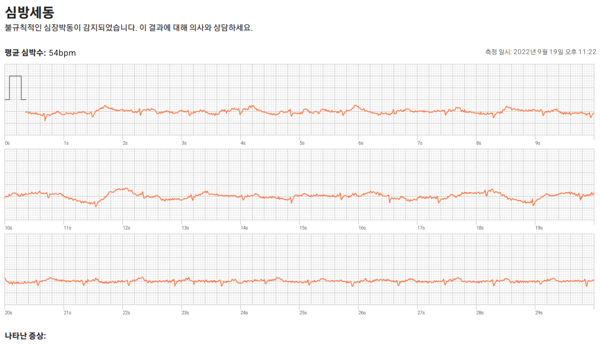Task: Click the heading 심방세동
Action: [x=29, y=12]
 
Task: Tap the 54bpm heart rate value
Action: [x=62, y=53]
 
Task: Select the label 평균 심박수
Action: [x=25, y=53]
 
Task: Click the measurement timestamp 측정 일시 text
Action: [x=540, y=52]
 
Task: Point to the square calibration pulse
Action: [x=16, y=87]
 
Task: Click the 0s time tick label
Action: [x=7, y=143]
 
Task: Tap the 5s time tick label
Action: [x=302, y=143]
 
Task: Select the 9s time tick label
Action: [x=538, y=143]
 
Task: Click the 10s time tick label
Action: [x=8, y=228]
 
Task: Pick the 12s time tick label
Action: [x=126, y=228]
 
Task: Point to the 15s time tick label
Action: [x=303, y=228]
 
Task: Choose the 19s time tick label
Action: [x=539, y=228]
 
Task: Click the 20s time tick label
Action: [x=8, y=313]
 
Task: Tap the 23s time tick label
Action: [x=185, y=313]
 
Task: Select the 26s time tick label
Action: [x=362, y=313]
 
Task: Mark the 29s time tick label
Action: [x=539, y=313]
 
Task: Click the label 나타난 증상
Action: [x=25, y=336]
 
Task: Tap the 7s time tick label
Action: [x=420, y=143]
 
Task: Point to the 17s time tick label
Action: [x=421, y=228]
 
